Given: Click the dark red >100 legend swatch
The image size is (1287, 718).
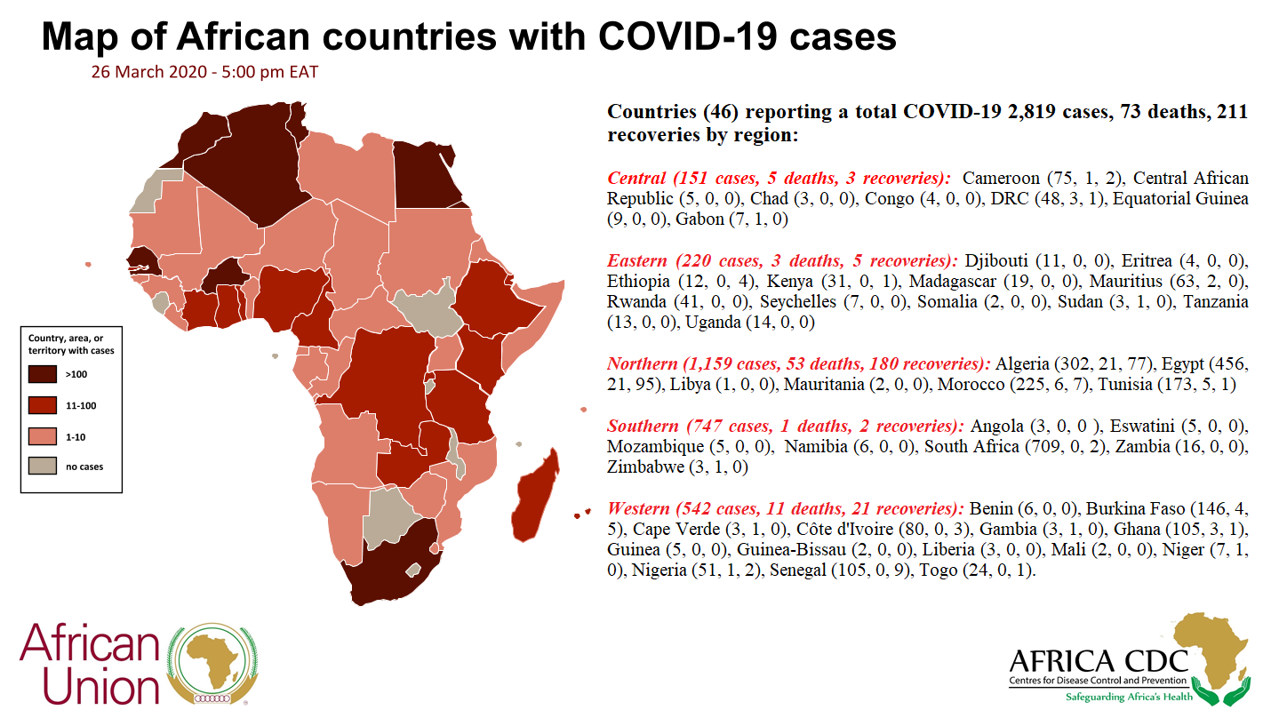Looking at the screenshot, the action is pos(43,374).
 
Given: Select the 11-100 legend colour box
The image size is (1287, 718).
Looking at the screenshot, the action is pos(43,405).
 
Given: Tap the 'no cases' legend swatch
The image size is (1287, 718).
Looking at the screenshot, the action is pos(43,466).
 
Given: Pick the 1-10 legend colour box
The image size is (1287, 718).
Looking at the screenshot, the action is pos(43,436).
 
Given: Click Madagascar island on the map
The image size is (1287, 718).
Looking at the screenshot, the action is pos(535,497).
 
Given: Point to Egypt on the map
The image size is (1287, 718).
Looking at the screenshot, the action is pos(427,175).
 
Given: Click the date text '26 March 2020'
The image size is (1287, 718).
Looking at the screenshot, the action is pos(148,72).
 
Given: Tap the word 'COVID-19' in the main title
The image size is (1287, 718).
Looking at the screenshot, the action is pos(688,36).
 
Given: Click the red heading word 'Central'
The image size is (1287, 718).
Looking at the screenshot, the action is pos(636,178).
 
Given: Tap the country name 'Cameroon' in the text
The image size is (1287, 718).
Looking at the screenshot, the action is pos(1001,178).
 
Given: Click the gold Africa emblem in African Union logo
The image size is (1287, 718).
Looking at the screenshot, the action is pos(213,661).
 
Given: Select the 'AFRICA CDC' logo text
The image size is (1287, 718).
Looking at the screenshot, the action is pos(1099,662).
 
